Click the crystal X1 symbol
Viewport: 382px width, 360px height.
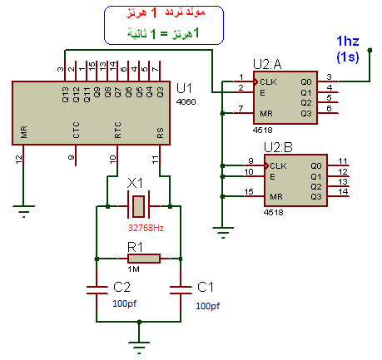pos(138,206)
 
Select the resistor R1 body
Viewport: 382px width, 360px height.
pos(144,259)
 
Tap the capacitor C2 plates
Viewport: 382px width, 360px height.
pos(97,290)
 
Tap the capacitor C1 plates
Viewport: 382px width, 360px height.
pos(181,290)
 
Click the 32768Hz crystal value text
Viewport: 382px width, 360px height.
pos(146,228)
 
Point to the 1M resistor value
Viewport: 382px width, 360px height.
pos(133,269)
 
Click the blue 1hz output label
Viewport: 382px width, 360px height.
pos(348,41)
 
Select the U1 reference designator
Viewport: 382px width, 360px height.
pos(184,88)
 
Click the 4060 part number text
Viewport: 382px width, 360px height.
pos(186,102)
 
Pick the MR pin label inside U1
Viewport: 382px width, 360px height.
pos(24,132)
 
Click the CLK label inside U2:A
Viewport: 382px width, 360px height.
pos(268,82)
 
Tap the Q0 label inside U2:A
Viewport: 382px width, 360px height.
pos(306,82)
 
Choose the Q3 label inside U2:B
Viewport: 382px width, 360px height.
pos(316,197)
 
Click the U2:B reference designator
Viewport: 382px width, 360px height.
pos(278,147)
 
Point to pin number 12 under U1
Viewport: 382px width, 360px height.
pos(18,160)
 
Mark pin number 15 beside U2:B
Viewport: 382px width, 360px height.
pos(249,192)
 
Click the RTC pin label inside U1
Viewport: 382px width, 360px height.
pos(118,130)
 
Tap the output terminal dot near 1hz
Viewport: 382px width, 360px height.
pos(370,50)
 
